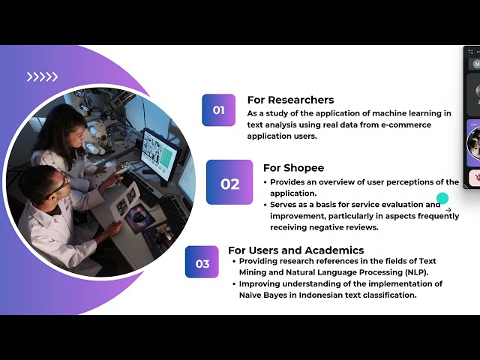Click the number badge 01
point(218,110)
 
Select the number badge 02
point(229,182)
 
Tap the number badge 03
point(202,262)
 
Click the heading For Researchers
point(290,100)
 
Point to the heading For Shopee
point(293,168)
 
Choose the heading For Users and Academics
point(295,250)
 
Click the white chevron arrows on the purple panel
point(42,76)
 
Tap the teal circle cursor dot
point(442,199)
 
